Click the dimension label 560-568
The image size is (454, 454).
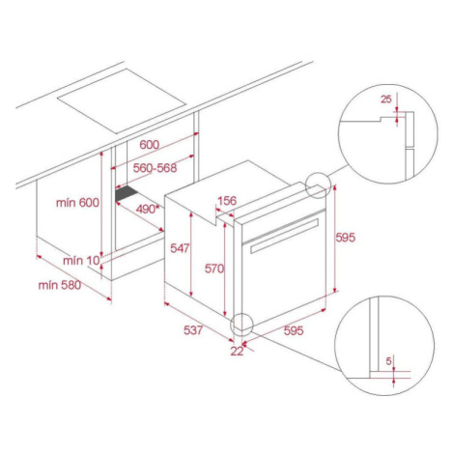(156, 168)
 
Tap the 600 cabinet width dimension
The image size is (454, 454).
(149, 145)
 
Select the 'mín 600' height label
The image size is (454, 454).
(77, 203)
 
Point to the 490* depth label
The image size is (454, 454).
(148, 210)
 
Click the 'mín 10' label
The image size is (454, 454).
(82, 261)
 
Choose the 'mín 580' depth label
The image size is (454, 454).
(60, 285)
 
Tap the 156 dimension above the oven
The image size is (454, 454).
(227, 201)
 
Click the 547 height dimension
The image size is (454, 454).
(180, 248)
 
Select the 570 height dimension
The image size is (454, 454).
(214, 269)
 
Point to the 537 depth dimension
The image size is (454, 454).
(193, 330)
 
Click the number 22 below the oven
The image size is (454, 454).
(237, 352)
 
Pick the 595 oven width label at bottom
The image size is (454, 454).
(294, 330)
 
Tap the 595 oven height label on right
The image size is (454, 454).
(345, 238)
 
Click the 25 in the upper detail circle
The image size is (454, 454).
(386, 99)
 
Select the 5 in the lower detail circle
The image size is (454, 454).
(388, 361)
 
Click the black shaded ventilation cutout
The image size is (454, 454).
(128, 193)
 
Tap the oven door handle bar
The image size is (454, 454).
(284, 236)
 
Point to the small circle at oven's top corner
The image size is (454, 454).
(318, 185)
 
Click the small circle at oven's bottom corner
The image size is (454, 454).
(241, 324)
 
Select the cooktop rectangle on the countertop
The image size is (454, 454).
(122, 100)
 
